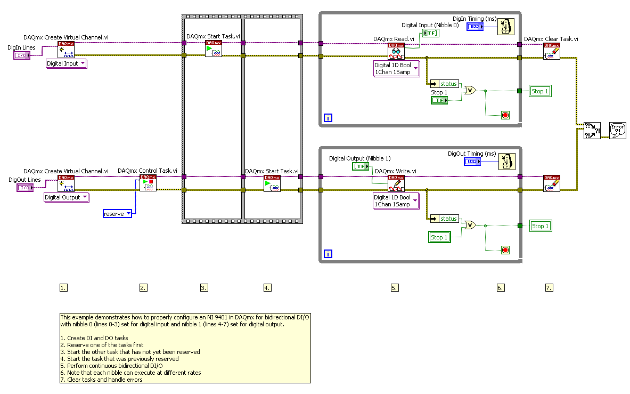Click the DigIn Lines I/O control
coord(22,55)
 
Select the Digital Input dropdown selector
coord(67,63)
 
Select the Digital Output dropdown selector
coord(67,197)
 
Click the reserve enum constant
coord(117,214)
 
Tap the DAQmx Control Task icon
coord(148,183)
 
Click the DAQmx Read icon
coord(396,51)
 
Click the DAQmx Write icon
coord(396,184)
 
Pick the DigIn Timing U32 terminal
coord(474,27)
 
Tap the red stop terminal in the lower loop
coord(505,250)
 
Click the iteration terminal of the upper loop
coord(328,118)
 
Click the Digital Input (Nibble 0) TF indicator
coord(431,33)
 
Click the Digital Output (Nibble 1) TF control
coord(361,166)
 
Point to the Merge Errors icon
coord(592,130)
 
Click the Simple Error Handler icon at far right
coord(618,130)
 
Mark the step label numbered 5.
coord(395,288)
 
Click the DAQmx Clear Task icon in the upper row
coord(552,51)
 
